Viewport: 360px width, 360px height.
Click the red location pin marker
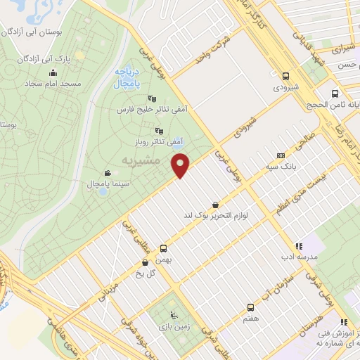pyautogui.click(x=181, y=165)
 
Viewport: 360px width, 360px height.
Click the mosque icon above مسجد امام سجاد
pyautogui.click(x=53, y=72)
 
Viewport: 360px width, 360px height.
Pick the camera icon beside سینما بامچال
pyautogui.click(x=108, y=173)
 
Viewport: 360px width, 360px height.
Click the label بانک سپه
pyautogui.click(x=281, y=167)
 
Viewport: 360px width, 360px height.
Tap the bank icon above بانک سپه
pyautogui.click(x=281, y=156)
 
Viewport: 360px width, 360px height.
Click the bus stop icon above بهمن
pyautogui.click(x=164, y=248)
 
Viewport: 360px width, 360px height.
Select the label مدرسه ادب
pyautogui.click(x=299, y=257)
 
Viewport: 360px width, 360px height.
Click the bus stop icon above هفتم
pyautogui.click(x=250, y=308)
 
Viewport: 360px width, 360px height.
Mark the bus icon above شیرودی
pyautogui.click(x=285, y=77)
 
